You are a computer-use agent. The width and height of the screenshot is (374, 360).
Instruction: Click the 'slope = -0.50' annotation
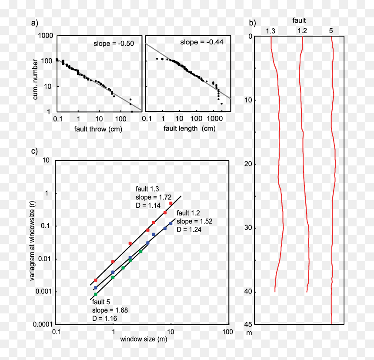point(114,44)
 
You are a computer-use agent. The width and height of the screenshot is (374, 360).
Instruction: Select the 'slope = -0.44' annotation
point(202,42)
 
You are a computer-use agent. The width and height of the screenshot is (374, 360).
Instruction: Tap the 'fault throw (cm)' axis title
point(98,129)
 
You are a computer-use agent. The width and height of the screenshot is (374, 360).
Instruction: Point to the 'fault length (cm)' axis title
point(189,128)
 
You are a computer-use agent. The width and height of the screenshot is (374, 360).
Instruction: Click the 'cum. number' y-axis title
point(35,80)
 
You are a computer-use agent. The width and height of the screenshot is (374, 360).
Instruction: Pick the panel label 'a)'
point(35,23)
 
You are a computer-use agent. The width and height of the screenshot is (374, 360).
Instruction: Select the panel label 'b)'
point(252,23)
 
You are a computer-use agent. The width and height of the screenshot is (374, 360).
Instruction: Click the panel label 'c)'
point(34,151)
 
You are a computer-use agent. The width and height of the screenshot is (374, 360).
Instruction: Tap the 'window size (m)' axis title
point(144,339)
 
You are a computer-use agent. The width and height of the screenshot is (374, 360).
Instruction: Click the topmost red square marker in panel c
point(171,203)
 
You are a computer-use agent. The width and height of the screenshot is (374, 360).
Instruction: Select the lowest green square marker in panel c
point(96,294)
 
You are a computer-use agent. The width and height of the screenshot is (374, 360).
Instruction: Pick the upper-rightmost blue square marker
point(171,223)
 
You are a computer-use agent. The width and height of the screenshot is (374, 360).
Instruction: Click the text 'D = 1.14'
point(148,205)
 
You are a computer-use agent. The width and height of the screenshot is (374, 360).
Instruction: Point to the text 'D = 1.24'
point(189,229)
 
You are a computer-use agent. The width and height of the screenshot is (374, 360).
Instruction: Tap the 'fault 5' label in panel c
point(101,302)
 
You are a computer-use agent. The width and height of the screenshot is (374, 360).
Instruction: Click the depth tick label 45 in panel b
point(248,324)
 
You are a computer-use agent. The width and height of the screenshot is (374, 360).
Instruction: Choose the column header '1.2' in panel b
point(302,31)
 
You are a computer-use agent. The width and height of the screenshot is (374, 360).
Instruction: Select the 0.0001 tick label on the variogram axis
point(43,324)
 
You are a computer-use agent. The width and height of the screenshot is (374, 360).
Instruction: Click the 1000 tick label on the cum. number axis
point(46,36)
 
